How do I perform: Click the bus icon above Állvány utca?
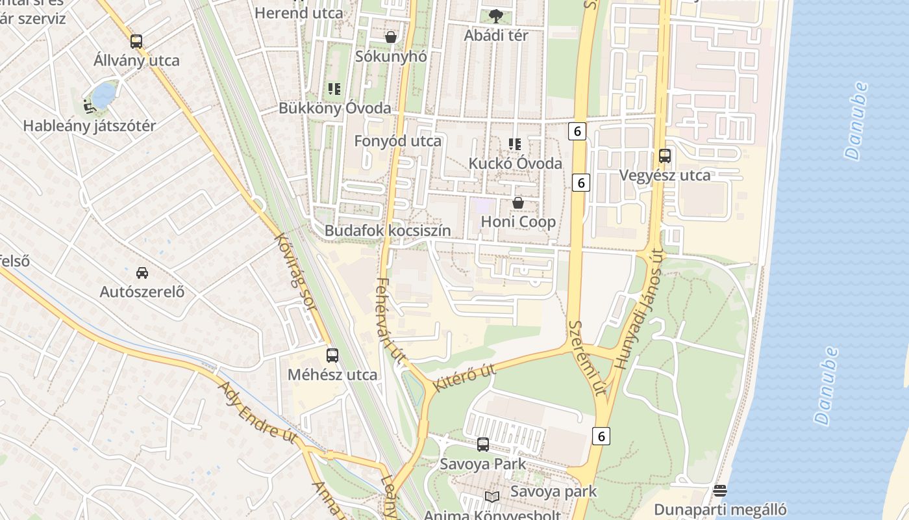pyautogui.click(x=136, y=42)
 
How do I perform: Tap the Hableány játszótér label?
pyautogui.click(x=90, y=126)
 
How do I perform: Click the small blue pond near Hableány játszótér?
pyautogui.click(x=103, y=95)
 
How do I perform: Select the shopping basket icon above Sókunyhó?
pyautogui.click(x=391, y=37)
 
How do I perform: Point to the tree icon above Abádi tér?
pyautogui.click(x=495, y=16)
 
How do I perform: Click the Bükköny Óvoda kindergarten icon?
pyautogui.click(x=334, y=89)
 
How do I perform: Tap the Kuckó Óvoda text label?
pyautogui.click(x=515, y=163)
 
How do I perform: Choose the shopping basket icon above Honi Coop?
pyautogui.click(x=518, y=203)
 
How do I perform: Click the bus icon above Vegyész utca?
pyautogui.click(x=664, y=156)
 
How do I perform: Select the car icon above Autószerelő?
pyautogui.click(x=142, y=272)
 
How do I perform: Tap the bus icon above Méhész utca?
pyautogui.click(x=332, y=355)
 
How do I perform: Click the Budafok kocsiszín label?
pyautogui.click(x=388, y=231)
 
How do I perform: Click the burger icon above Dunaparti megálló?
pyautogui.click(x=719, y=490)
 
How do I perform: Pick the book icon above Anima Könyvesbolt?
pyautogui.click(x=492, y=497)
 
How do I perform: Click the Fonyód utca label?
pyautogui.click(x=397, y=141)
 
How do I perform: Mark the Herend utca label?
pyautogui.click(x=299, y=12)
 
